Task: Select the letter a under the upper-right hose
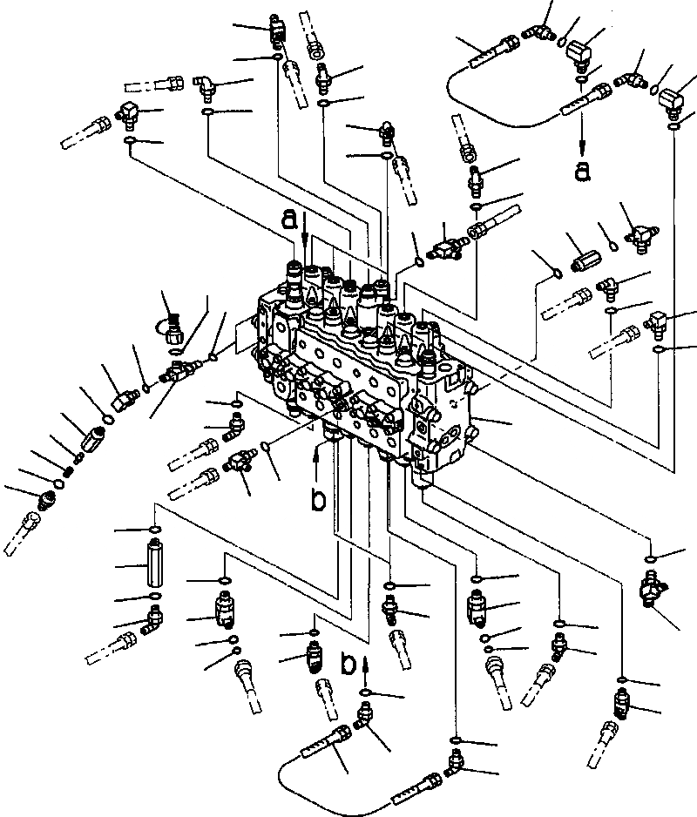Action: click(582, 170)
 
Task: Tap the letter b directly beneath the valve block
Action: click(320, 501)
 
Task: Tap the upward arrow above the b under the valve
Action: click(320, 455)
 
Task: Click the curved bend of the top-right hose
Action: click(453, 83)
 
